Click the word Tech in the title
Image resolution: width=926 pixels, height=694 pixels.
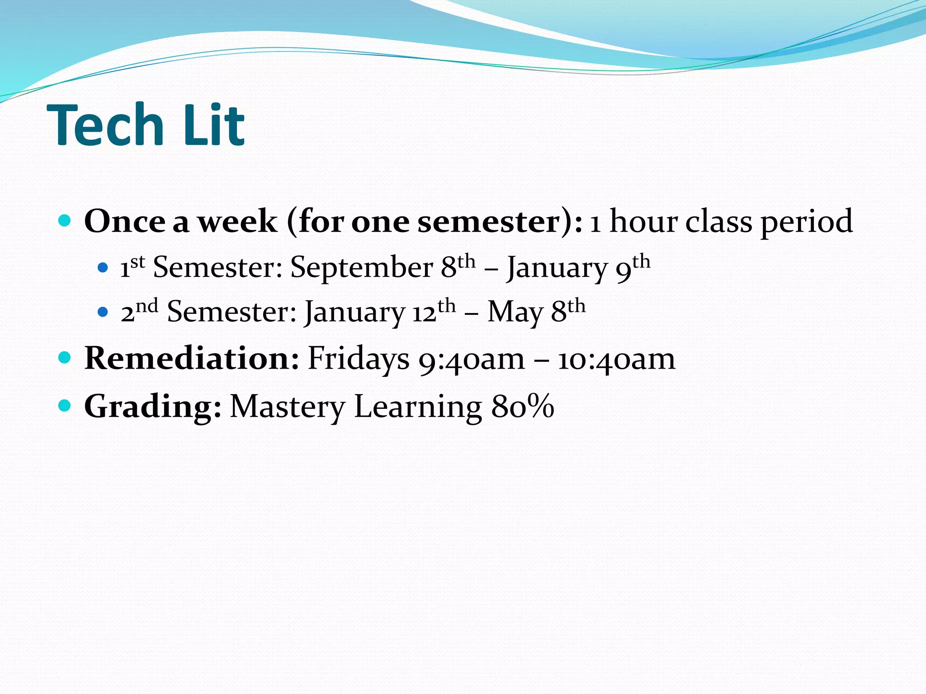pyautogui.click(x=105, y=125)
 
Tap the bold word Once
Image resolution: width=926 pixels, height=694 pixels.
pyautogui.click(x=125, y=221)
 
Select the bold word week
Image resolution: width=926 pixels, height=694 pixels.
pyautogui.click(x=238, y=221)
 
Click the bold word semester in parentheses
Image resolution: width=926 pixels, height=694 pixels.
pyautogui.click(x=489, y=221)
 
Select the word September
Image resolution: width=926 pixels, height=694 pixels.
pyautogui.click(x=361, y=267)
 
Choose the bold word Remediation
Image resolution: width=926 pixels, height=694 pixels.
pyautogui.click(x=192, y=358)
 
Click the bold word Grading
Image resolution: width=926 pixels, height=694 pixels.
pyautogui.click(x=153, y=407)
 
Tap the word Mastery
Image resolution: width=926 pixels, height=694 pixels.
pyautogui.click(x=288, y=407)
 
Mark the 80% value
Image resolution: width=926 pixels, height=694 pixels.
pyautogui.click(x=523, y=407)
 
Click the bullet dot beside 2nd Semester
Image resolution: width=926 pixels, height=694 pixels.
pyautogui.click(x=103, y=312)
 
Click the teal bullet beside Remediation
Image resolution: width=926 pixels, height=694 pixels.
pyautogui.click(x=65, y=358)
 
